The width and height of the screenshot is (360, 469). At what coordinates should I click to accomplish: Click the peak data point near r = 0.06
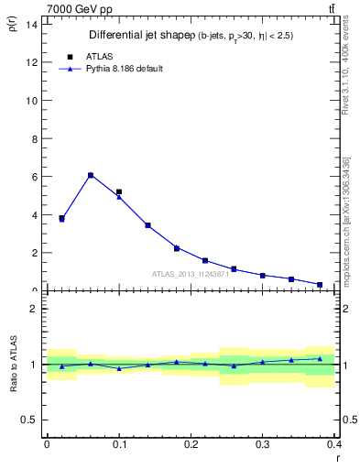90,175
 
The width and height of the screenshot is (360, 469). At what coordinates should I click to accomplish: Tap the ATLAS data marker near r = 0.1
119,191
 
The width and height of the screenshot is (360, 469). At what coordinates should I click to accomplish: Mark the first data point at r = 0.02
61,218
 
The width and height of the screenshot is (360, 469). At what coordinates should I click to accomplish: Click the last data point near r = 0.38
320,285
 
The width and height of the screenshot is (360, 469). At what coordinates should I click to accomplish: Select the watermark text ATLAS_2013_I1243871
190,274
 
